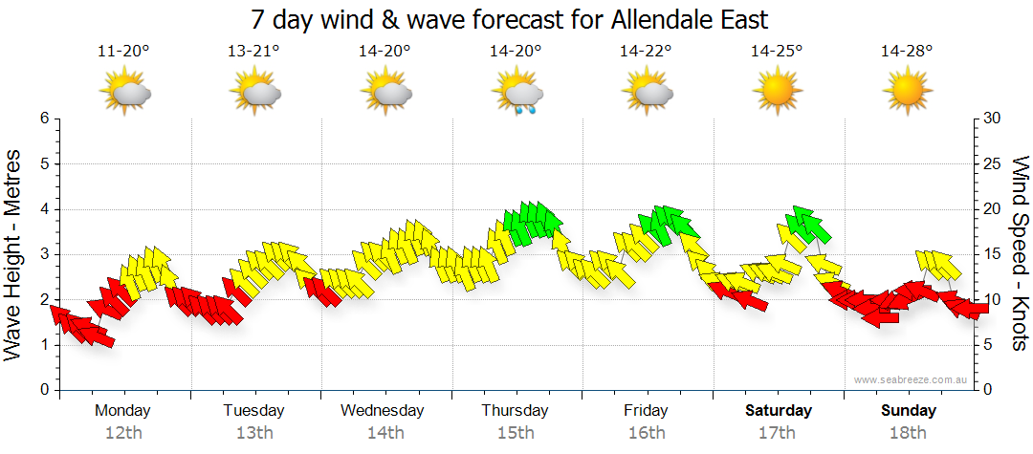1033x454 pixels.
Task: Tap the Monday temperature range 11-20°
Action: (x=123, y=52)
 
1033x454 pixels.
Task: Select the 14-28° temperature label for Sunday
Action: (x=907, y=52)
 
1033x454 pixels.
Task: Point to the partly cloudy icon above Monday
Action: (x=125, y=92)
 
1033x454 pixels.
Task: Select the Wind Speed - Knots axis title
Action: (x=1020, y=254)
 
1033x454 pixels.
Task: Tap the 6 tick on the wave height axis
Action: (x=43, y=119)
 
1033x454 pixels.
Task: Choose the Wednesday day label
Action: (x=383, y=411)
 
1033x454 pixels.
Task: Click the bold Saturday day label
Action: (x=779, y=411)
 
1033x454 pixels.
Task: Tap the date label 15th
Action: (x=516, y=432)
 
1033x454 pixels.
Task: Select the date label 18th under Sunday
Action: (x=909, y=432)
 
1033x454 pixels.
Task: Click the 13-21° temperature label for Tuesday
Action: (x=253, y=52)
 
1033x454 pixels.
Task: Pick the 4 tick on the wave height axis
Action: (x=43, y=209)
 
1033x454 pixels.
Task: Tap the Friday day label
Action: (x=646, y=411)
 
